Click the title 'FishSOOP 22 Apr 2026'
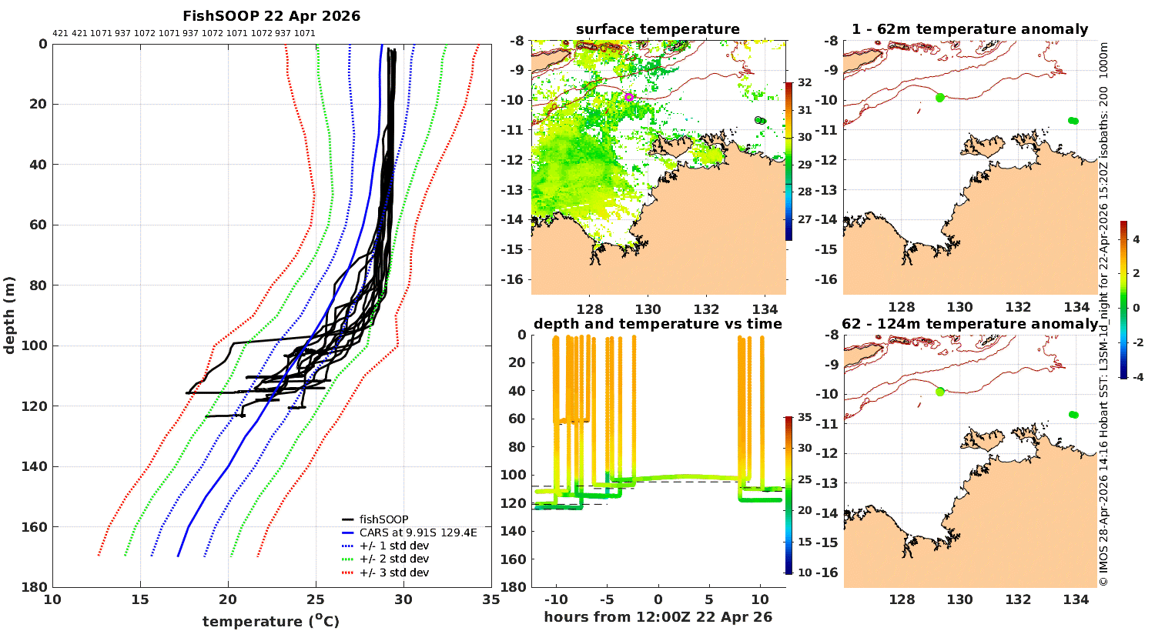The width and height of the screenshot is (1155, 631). pos(271,16)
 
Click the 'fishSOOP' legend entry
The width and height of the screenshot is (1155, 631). pos(383,519)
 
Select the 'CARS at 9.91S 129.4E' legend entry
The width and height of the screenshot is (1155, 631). pos(417,533)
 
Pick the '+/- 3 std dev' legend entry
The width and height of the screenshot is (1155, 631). pos(393,573)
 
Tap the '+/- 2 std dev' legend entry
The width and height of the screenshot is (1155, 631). pos(393,559)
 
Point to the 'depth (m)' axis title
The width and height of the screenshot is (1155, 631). pos(10,315)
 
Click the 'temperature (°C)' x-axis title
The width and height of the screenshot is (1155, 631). pos(271,621)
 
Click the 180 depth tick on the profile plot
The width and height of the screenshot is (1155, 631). pos(37,587)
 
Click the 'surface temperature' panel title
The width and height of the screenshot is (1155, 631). pos(658,29)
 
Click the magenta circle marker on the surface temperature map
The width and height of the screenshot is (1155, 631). pos(629,97)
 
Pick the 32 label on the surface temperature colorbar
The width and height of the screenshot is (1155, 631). pos(805,82)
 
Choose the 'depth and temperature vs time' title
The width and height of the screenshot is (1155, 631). pos(658,324)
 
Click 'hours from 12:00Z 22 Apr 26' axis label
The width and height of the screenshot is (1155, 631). pos(658,617)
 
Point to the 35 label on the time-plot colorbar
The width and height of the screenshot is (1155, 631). pos(805,418)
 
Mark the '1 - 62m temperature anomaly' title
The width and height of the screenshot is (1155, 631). pos(969,29)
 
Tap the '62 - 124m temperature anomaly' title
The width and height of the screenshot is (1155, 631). pos(969,324)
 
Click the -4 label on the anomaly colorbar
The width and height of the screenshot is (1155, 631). pos(1135,377)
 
